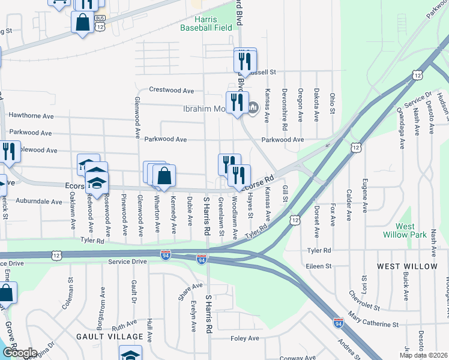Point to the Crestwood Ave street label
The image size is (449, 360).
pyautogui.click(x=171, y=91)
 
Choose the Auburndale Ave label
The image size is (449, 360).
pyautogui.click(x=40, y=201)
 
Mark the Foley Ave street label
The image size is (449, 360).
pyautogui.click(x=245, y=338)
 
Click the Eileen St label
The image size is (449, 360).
pyautogui.click(x=319, y=265)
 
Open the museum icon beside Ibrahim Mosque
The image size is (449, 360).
pyautogui.click(x=253, y=108)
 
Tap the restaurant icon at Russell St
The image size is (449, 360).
pyautogui.click(x=245, y=61)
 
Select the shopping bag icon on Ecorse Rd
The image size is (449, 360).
pyautogui.click(x=164, y=176)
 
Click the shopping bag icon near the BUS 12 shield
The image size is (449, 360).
pyautogui.click(x=82, y=23)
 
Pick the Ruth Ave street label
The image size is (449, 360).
pyautogui.click(x=124, y=326)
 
